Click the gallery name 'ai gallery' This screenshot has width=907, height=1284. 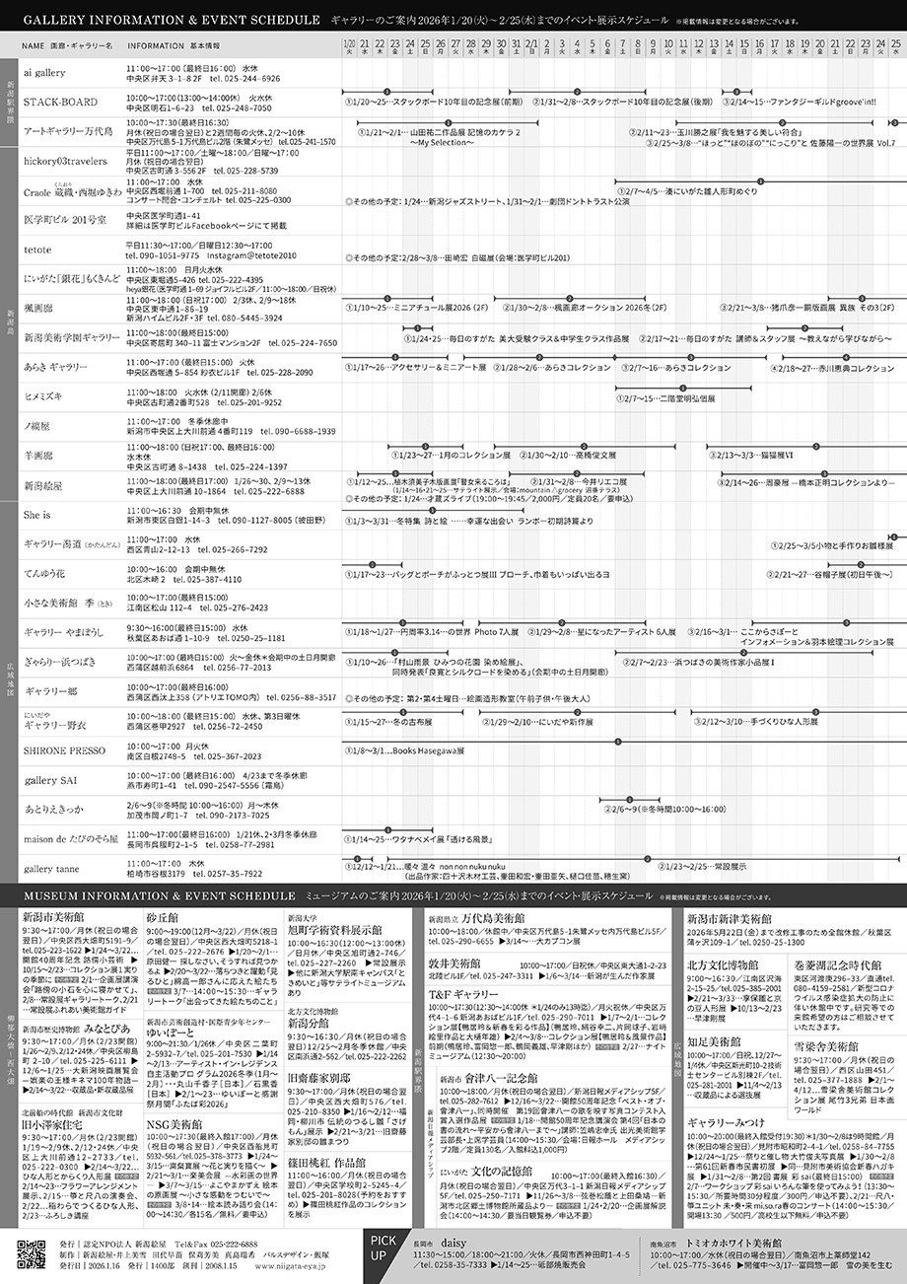point(44,73)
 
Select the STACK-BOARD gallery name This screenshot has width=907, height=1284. point(60,103)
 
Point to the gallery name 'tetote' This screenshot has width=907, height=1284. point(38,250)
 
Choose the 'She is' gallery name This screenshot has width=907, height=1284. point(37,515)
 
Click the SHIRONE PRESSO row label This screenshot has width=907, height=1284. point(64,750)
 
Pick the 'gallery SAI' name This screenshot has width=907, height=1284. point(50,780)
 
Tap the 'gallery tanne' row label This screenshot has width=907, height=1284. point(53,870)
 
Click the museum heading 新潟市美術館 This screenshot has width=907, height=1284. point(54,917)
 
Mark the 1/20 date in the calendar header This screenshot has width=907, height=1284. point(350,44)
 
